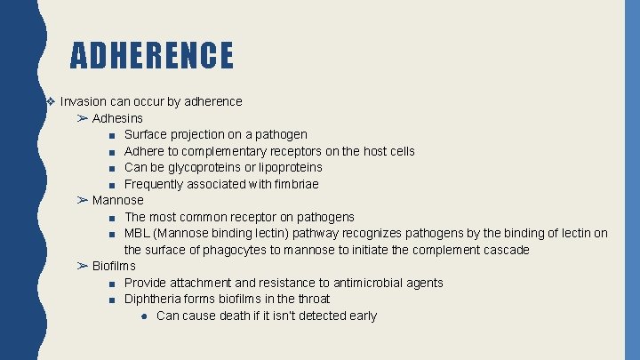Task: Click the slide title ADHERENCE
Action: pyautogui.click(x=152, y=55)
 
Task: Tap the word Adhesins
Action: pyautogui.click(x=117, y=118)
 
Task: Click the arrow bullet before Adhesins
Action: pyautogui.click(x=83, y=118)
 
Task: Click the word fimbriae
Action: pyautogui.click(x=294, y=184)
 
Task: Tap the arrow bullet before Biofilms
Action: pyautogui.click(x=83, y=266)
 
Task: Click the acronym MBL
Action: pyautogui.click(x=138, y=234)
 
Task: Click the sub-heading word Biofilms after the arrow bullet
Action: pyautogui.click(x=114, y=266)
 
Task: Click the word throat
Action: pyautogui.click(x=311, y=299)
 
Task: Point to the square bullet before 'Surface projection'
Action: pyautogui.click(x=107, y=135)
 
